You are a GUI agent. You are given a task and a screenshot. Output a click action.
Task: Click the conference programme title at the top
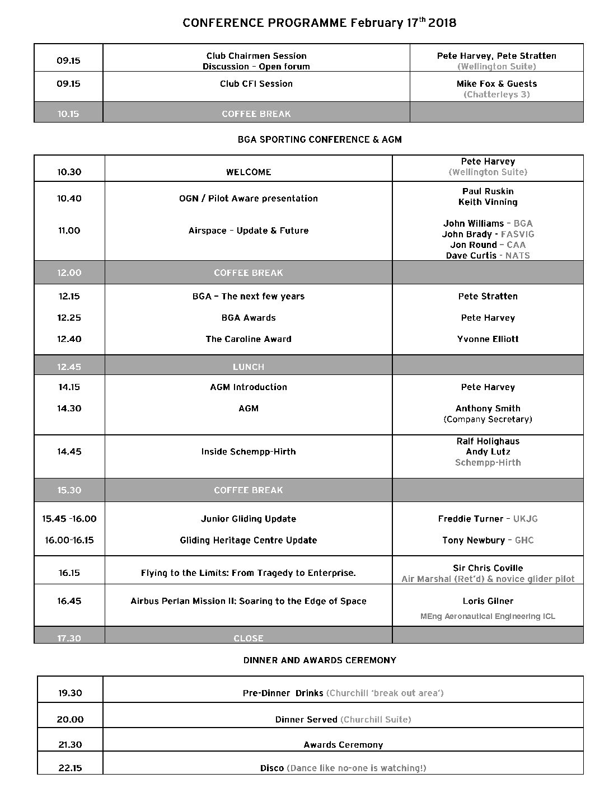point(319,23)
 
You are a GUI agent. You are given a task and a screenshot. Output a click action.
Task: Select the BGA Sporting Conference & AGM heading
point(320,139)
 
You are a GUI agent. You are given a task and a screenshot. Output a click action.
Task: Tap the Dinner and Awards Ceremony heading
point(320,660)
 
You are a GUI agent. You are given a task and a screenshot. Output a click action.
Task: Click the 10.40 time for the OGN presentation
point(69,198)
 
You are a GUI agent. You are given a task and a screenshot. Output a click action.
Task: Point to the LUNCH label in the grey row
point(249,367)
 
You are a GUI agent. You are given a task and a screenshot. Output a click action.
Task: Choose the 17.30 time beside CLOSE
point(69,638)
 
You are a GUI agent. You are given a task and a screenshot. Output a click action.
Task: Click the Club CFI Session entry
point(256,84)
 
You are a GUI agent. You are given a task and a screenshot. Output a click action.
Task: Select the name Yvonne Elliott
point(488,339)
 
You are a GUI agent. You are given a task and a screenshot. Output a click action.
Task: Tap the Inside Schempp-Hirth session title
point(249,452)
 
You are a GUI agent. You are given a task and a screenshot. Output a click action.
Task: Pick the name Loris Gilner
point(488,601)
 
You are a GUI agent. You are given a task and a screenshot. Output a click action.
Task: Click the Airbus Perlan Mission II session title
point(249,601)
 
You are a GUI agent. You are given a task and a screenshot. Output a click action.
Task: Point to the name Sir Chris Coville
point(488,568)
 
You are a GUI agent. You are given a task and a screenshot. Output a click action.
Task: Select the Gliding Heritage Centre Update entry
point(249,541)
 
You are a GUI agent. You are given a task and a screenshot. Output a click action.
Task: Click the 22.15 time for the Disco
point(70,768)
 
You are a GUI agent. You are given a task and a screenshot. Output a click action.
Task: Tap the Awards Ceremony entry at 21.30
point(343,745)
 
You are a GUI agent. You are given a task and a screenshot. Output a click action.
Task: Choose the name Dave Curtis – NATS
point(488,256)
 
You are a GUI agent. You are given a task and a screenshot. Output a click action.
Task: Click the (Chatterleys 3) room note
point(496,95)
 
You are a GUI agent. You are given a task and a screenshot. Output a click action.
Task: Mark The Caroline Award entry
point(249,339)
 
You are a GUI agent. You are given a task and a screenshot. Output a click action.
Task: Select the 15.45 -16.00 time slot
point(69,519)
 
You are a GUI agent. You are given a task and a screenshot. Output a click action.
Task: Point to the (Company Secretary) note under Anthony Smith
point(488,419)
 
